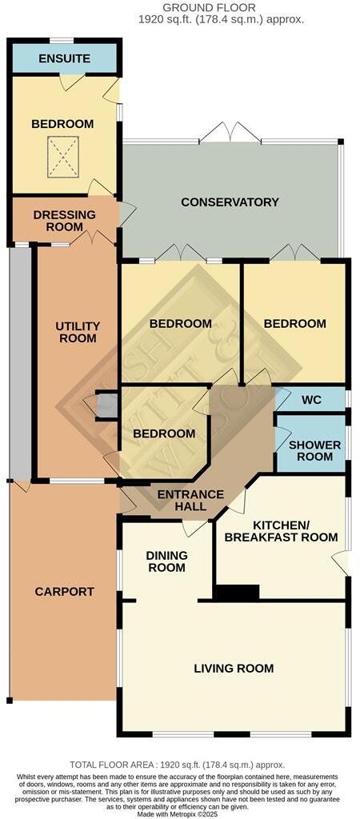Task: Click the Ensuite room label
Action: pos(64,58)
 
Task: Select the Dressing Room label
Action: pos(64,221)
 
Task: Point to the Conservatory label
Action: pos(230,202)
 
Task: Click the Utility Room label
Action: pos(78,332)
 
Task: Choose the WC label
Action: pos(311,399)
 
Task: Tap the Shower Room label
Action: pos(314,451)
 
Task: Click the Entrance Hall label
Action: pos(190,501)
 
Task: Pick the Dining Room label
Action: pos(166,561)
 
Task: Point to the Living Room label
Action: pos(234,669)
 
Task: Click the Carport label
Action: pos(64,592)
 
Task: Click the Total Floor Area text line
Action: pos(177,765)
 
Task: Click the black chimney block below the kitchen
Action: pos(237,593)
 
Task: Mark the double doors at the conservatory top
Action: pos(230,134)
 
